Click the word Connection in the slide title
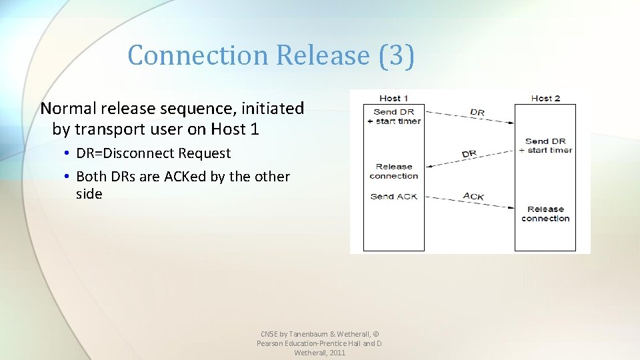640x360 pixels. tap(199, 55)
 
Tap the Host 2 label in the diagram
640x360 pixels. tap(545, 99)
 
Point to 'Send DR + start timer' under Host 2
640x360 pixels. tap(545, 145)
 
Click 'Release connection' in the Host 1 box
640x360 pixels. tap(394, 171)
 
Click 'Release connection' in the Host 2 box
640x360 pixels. tap(545, 214)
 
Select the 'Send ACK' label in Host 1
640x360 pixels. tap(394, 196)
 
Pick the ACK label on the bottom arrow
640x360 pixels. tap(473, 196)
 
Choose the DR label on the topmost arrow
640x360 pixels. tap(477, 113)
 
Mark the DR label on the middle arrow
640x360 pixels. tap(469, 154)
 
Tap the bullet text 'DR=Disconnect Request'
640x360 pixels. tap(153, 153)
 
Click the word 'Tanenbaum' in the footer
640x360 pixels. tap(312, 333)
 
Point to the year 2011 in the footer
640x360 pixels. tap(337, 353)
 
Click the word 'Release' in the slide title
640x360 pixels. tap(322, 55)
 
